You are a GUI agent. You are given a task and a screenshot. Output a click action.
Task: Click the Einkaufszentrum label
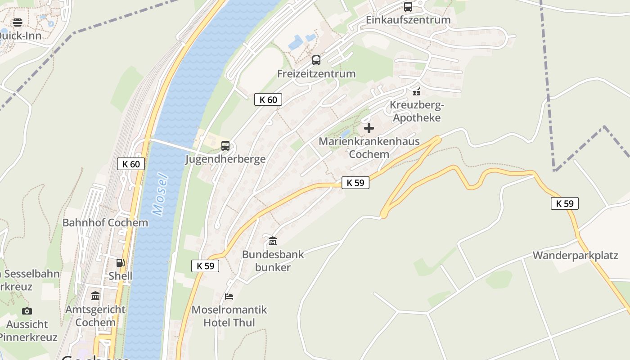tap(408, 20)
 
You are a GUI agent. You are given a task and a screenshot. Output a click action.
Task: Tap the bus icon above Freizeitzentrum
tap(316, 60)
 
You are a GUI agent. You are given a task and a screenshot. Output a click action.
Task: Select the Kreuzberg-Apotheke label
tap(417, 111)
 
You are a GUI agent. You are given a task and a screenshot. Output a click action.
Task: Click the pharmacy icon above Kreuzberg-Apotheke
tap(417, 92)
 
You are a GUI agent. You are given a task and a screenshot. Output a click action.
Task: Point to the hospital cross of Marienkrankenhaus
tap(369, 128)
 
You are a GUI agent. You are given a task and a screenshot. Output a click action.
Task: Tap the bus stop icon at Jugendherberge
tap(225, 146)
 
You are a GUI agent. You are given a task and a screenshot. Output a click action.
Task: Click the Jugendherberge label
tap(225, 159)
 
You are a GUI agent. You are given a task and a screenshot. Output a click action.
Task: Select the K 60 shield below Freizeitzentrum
tap(268, 99)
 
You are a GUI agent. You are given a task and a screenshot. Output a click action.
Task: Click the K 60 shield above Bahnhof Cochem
tap(131, 164)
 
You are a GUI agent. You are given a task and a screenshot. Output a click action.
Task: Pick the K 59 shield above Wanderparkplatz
tap(565, 203)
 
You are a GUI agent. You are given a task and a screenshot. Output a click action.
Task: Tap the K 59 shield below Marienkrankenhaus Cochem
tap(355, 183)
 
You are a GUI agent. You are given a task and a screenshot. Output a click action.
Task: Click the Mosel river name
tap(160, 194)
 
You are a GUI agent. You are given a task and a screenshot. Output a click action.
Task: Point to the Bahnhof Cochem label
tap(105, 223)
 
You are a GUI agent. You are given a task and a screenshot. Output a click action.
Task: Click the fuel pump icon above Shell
tap(120, 263)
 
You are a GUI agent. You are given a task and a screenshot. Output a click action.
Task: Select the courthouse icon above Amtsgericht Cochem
tap(95, 296)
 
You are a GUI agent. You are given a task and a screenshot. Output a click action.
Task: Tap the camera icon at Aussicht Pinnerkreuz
tap(27, 311)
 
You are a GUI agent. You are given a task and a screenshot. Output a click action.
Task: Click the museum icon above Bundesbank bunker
tap(273, 241)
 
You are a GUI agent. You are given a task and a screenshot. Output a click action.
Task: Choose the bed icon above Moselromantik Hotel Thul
tap(229, 297)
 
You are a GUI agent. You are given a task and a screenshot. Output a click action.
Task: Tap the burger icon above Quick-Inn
tap(18, 22)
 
